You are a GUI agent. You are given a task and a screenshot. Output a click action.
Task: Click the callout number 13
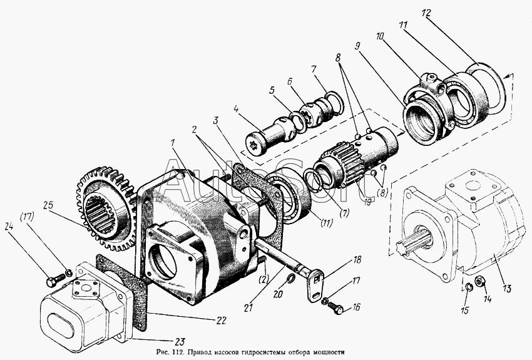point(506,289)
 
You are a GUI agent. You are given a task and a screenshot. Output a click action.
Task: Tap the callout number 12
point(426,13)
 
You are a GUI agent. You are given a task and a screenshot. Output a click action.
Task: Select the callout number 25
point(49,205)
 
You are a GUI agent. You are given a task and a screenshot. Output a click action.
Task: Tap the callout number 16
point(356,307)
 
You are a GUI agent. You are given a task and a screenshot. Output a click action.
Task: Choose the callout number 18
point(357,260)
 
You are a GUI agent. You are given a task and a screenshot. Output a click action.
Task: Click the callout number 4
point(237,110)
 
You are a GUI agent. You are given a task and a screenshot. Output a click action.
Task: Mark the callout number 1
point(173,143)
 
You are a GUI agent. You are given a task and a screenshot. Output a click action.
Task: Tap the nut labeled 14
point(479,281)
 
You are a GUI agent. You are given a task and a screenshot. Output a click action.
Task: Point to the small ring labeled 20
point(291,279)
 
